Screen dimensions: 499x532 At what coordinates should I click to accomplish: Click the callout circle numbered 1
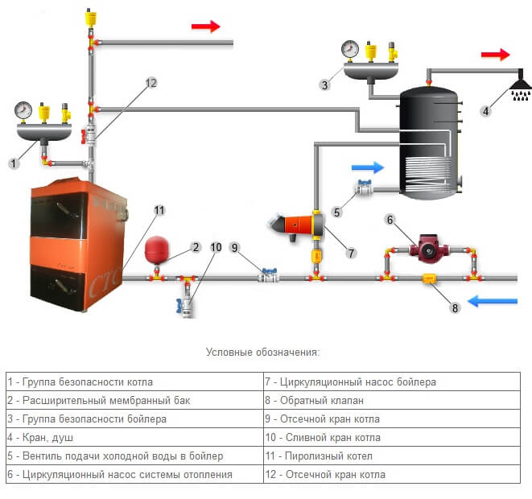point(14,163)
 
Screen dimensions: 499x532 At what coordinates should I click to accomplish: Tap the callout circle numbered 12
point(150,83)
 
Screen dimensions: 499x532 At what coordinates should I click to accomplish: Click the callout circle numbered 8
point(454,307)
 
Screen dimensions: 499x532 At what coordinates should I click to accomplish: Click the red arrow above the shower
point(496,55)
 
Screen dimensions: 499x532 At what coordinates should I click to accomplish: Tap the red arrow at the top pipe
point(205,27)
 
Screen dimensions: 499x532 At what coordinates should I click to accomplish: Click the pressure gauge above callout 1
point(23,109)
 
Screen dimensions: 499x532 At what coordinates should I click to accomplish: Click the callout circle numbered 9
point(235,248)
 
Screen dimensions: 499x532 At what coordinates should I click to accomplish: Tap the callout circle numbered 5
point(338,212)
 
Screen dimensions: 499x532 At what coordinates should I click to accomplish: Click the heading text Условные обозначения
point(262,352)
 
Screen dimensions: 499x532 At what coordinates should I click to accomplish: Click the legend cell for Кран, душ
point(134,438)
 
